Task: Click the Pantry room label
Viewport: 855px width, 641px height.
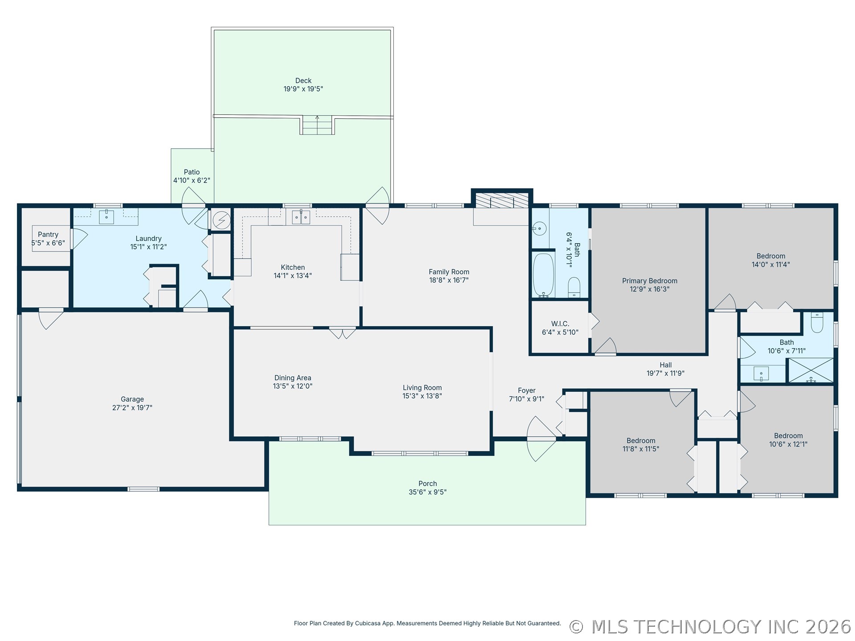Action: pyautogui.click(x=48, y=235)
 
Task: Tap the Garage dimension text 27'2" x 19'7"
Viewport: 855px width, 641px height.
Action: pyautogui.click(x=132, y=408)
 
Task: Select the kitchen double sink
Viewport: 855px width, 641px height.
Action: pyautogui.click(x=301, y=217)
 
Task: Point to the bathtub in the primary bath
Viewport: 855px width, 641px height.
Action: pyautogui.click(x=543, y=275)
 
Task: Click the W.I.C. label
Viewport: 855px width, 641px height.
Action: pyautogui.click(x=560, y=324)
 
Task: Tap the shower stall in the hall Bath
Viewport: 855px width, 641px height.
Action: pyautogui.click(x=811, y=370)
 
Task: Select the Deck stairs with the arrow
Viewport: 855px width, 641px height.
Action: pyautogui.click(x=317, y=125)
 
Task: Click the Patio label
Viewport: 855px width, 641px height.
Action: pyautogui.click(x=192, y=172)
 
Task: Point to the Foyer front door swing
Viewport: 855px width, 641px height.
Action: pyautogui.click(x=541, y=438)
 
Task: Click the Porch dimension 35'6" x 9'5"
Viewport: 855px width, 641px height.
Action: pyautogui.click(x=427, y=492)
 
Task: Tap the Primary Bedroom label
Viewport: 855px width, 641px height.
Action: pyautogui.click(x=650, y=281)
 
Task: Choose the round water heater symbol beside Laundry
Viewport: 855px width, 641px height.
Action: pyautogui.click(x=221, y=220)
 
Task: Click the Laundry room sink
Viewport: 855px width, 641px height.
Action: pyautogui.click(x=106, y=217)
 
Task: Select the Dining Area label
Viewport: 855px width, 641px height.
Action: pyautogui.click(x=293, y=378)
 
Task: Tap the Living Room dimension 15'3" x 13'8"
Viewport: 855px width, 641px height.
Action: pyautogui.click(x=422, y=396)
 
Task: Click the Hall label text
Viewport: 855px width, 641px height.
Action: pyautogui.click(x=666, y=365)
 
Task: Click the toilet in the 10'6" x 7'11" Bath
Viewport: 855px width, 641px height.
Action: pyautogui.click(x=817, y=322)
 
